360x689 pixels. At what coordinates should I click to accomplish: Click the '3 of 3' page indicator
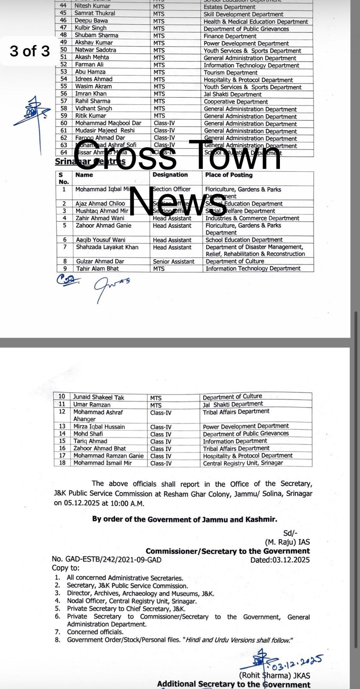click(30, 51)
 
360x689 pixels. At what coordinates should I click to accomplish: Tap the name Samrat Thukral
click(95, 13)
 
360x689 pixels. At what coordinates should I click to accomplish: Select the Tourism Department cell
click(230, 72)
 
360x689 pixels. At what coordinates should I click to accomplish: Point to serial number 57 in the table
click(64, 101)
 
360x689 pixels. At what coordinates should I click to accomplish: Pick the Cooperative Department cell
click(236, 102)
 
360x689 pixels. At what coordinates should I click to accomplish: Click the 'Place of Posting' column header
click(229, 175)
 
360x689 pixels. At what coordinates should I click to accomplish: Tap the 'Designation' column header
click(170, 175)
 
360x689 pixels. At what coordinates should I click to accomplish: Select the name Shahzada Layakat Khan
click(107, 247)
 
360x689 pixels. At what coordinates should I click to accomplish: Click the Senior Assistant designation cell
click(174, 261)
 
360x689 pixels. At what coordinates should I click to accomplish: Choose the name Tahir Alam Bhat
click(97, 268)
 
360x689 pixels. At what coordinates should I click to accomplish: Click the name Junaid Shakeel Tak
click(99, 397)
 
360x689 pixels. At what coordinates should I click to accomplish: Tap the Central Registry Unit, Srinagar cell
click(243, 463)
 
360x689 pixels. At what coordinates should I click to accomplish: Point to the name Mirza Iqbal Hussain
click(99, 427)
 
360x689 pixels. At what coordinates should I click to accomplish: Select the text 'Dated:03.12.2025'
click(279, 560)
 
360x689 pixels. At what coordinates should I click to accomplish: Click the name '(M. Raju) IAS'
click(287, 542)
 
